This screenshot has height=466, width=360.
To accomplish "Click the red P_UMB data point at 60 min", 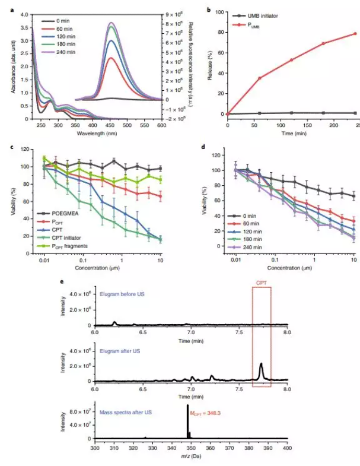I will [x=259, y=78].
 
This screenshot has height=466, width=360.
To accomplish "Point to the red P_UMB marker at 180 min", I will [x=324, y=43].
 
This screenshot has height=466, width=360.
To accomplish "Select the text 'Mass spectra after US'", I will [x=126, y=404].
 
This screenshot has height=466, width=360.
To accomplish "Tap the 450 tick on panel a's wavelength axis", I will [x=110, y=125].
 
